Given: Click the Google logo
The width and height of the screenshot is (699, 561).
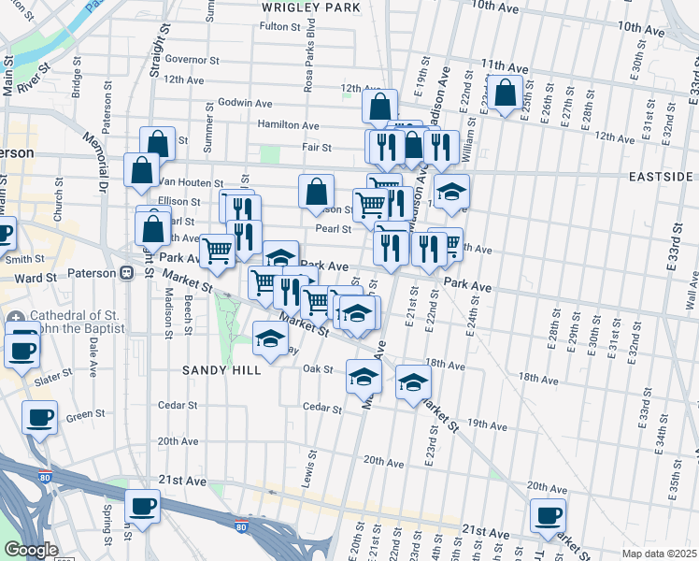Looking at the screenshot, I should tap(31, 550).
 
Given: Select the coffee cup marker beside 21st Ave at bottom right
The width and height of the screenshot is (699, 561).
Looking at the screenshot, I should tap(548, 514).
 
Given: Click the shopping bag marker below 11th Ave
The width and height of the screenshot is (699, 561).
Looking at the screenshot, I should tap(505, 93).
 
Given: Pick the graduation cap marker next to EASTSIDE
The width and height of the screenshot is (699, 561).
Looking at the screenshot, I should tap(452, 191).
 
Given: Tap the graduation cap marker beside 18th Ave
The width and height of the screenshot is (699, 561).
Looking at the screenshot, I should tap(413, 382).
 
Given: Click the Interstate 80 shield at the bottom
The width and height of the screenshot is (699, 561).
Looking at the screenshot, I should tap(242, 527).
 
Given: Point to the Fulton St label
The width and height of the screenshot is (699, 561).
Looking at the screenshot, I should tap(279, 26).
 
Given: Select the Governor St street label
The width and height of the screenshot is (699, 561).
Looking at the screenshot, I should tap(191, 59).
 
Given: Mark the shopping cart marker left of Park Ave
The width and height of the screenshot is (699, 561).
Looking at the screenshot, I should tap(217, 250).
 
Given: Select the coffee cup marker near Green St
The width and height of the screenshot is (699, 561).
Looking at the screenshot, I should tap(39, 417).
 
